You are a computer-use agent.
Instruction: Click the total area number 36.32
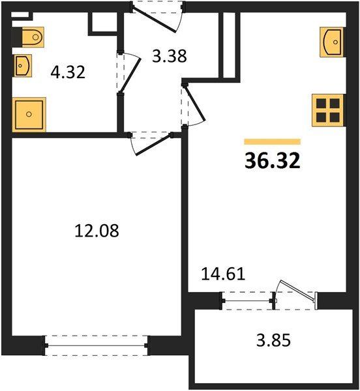pyautogui.click(x=272, y=161)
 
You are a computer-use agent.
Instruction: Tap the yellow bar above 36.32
pyautogui.click(x=272, y=141)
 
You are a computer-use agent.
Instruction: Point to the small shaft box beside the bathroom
pyautogui.click(x=101, y=22)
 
